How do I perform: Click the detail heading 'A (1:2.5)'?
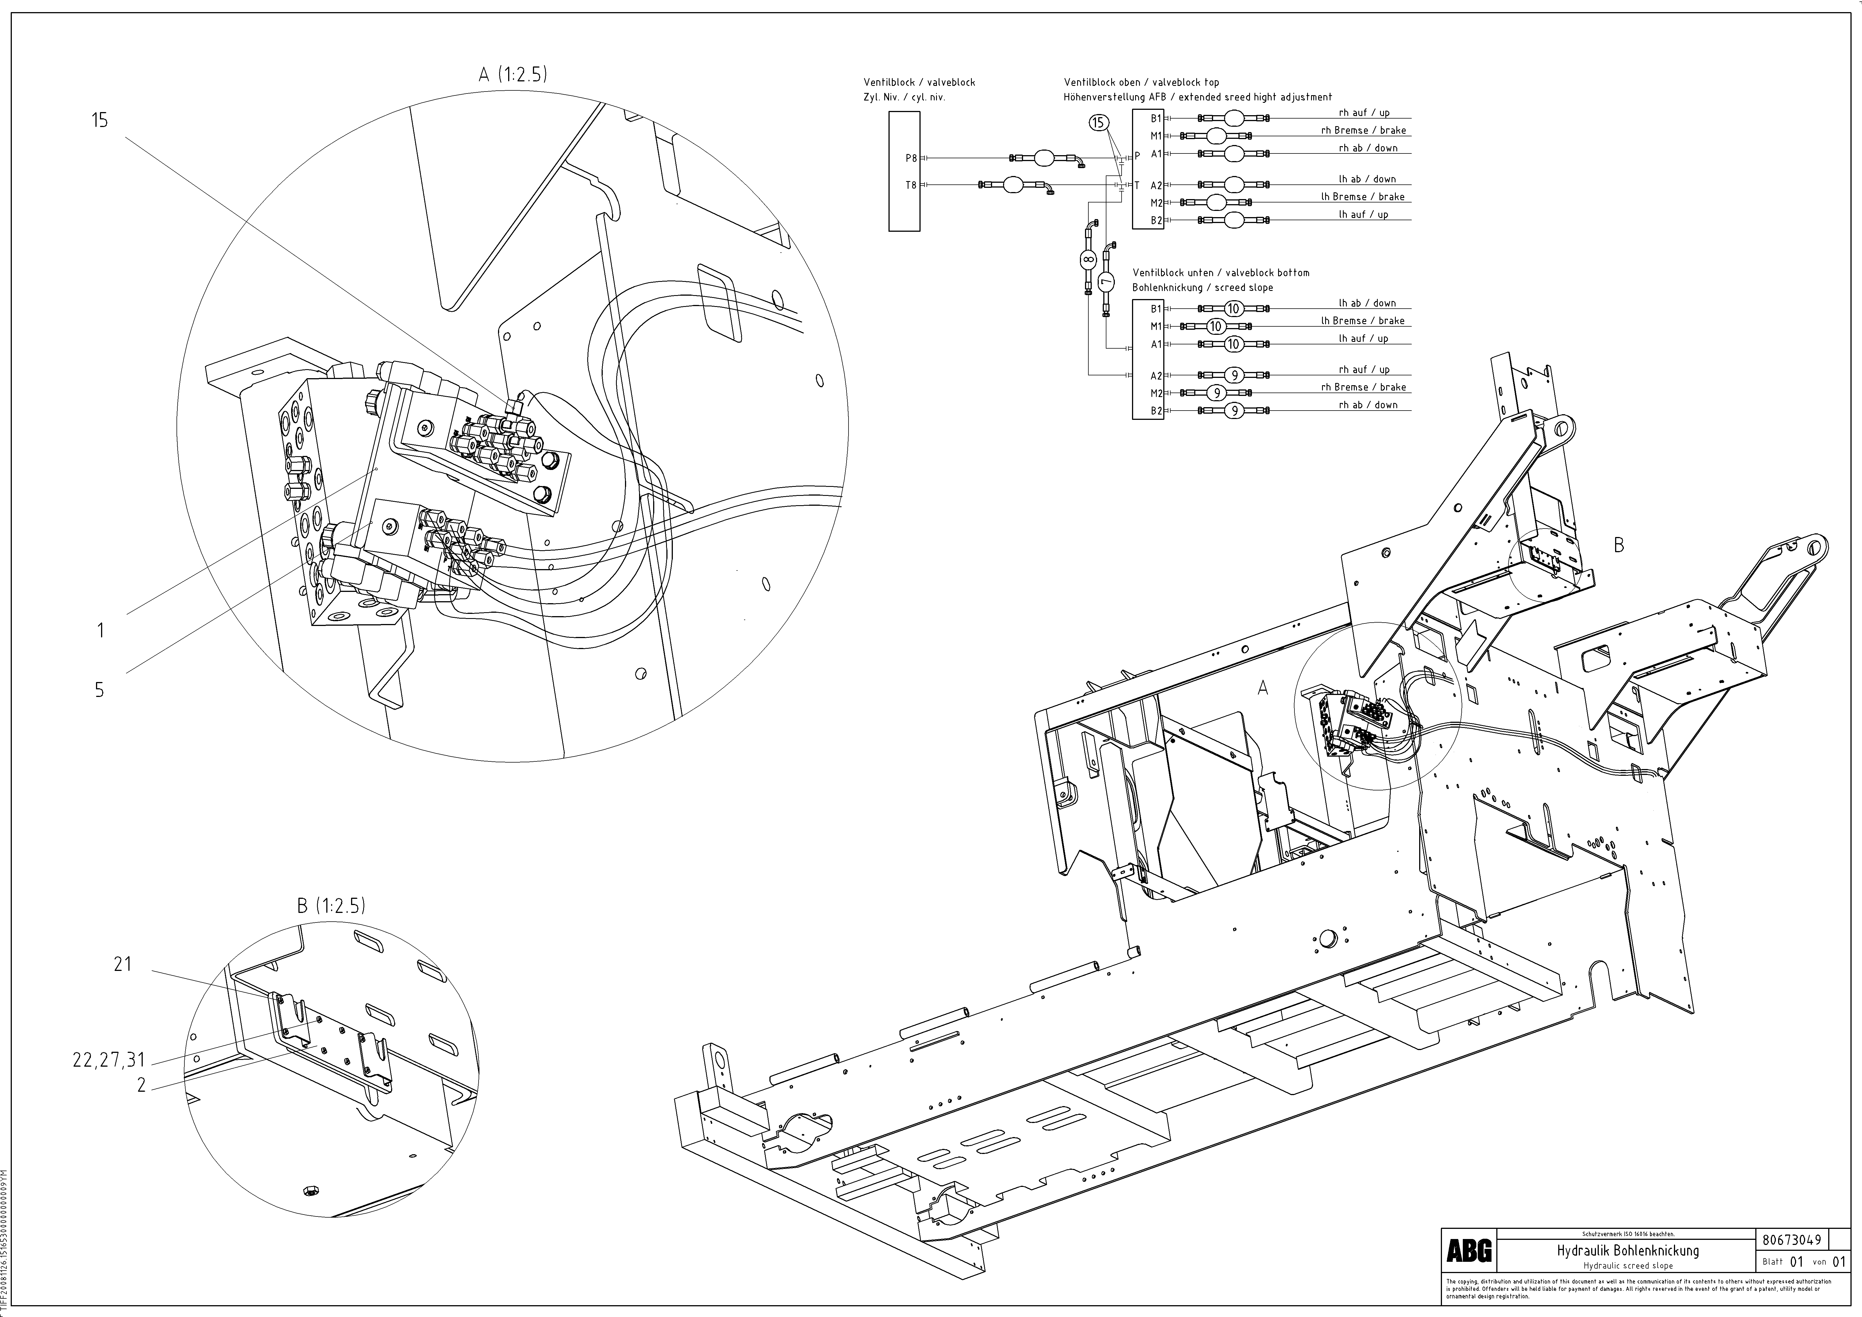pos(513,75)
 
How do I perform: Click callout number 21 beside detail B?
pos(122,965)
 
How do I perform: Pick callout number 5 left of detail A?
pos(99,690)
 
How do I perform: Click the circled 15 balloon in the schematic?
pos(1097,123)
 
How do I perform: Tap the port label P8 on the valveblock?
pos(911,158)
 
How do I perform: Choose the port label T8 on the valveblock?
pos(911,185)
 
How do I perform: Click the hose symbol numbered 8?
pos(1088,260)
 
